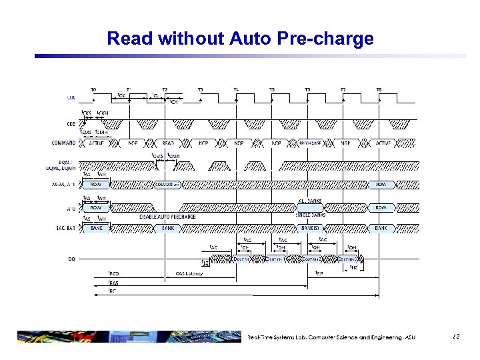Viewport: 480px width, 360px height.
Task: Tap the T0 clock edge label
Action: pos(93,89)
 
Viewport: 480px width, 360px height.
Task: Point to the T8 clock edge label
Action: pos(379,89)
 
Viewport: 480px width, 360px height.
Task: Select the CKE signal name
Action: pos(71,123)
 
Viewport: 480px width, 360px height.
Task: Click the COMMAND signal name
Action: pos(63,143)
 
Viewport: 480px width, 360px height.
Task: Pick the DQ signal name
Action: pos(71,259)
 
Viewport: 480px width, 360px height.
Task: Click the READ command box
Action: pos(168,143)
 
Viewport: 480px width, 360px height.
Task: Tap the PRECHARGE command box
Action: pos(309,143)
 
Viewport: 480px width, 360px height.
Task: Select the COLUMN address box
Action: pos(167,184)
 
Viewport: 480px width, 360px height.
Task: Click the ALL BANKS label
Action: pos(309,199)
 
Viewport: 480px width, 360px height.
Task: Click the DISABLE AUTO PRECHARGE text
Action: pos(167,216)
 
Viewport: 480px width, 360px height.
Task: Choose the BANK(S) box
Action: pos(309,228)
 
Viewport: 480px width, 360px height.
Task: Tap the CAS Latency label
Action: pos(189,273)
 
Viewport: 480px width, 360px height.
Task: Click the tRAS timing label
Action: pos(113,283)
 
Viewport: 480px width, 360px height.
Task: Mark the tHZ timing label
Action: pos(353,267)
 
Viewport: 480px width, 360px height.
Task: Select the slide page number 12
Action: pos(457,337)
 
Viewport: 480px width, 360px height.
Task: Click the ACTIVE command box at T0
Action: pos(96,143)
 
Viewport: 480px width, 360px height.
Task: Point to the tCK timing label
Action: pos(122,95)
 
